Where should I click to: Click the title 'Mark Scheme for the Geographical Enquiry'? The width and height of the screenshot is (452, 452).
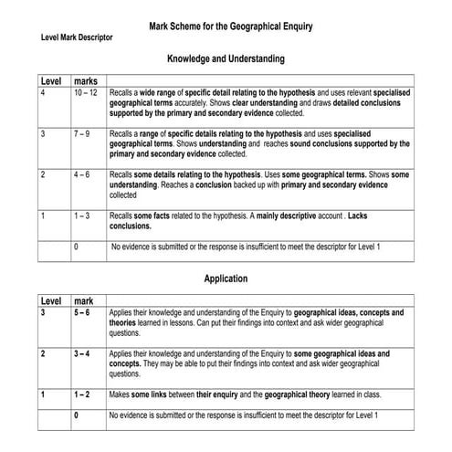click(x=231, y=27)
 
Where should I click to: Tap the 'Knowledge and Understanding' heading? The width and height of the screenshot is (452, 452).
click(x=226, y=58)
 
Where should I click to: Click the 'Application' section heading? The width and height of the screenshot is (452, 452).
click(x=226, y=279)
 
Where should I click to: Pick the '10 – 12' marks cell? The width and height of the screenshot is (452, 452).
click(x=87, y=93)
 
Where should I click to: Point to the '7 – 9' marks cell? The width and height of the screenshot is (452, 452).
click(x=81, y=133)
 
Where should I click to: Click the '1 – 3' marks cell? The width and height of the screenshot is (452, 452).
click(x=81, y=215)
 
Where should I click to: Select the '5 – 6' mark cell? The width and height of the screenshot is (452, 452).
click(x=82, y=313)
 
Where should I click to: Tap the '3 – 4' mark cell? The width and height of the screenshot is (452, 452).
click(x=82, y=353)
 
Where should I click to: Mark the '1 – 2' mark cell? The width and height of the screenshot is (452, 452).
click(x=82, y=394)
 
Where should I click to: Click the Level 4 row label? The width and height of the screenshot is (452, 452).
click(x=43, y=93)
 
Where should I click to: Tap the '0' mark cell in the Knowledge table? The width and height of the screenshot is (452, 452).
click(x=76, y=247)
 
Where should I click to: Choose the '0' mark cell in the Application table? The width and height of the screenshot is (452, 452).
click(x=76, y=416)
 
